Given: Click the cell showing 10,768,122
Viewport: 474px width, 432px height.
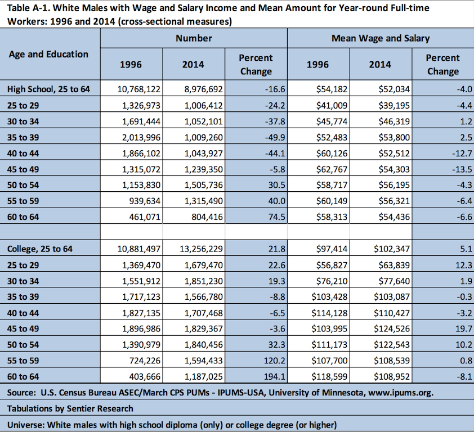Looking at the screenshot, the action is [138, 89].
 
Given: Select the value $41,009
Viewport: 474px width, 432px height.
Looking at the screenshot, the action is [332, 105].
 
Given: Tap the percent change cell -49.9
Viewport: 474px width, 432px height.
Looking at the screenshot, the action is [275, 137].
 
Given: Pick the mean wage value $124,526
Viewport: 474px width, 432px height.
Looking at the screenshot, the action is [391, 328].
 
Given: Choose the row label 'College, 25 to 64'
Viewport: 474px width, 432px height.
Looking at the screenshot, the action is [40, 249].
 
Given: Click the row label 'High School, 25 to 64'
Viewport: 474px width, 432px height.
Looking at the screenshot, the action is [48, 89].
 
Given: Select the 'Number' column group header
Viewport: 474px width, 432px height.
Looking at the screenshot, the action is [194, 38].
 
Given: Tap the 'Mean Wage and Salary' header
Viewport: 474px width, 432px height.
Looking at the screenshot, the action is [381, 38].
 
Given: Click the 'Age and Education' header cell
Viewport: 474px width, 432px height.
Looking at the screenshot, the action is [48, 55].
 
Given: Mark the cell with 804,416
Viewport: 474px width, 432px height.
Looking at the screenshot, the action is [207, 217].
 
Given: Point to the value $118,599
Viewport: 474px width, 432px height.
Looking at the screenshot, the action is [329, 377].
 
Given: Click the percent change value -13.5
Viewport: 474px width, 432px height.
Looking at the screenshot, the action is [462, 169].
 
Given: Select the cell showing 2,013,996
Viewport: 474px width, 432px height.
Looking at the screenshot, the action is [141, 137].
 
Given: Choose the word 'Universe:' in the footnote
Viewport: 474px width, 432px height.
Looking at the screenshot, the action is [26, 425].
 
